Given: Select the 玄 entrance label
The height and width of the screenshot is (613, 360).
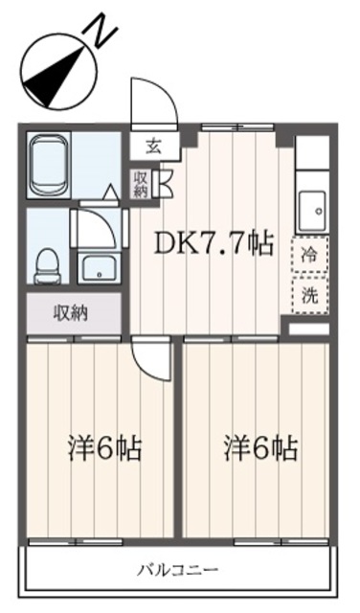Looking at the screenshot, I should [x=153, y=147].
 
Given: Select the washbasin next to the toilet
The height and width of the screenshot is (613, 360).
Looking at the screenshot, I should [x=98, y=266].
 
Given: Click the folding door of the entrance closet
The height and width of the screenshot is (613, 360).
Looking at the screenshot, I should [x=161, y=184].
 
